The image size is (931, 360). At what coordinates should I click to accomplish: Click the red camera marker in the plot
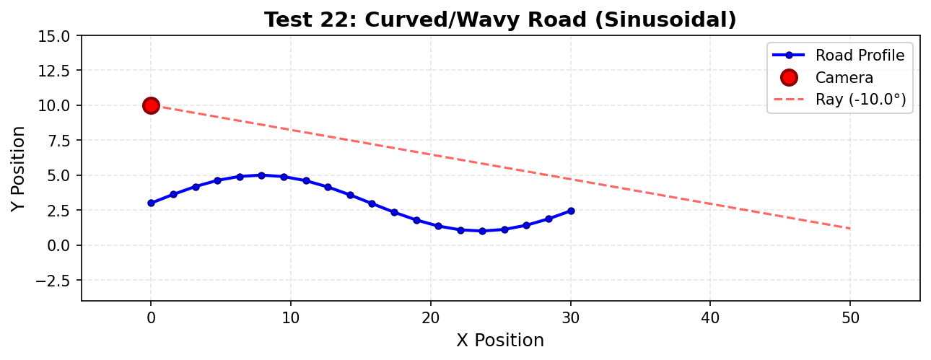[x=151, y=105]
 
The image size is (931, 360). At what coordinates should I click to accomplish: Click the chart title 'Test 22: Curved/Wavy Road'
[x=500, y=19]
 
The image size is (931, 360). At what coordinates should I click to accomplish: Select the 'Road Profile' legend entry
[x=860, y=56]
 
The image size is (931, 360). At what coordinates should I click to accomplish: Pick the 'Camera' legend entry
[x=844, y=78]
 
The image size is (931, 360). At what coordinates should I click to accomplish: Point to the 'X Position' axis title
[x=500, y=341]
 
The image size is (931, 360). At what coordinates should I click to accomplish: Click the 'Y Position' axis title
[x=19, y=168]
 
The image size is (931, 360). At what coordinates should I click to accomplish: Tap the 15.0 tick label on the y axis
[x=54, y=35]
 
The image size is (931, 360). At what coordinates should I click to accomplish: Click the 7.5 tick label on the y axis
[x=57, y=140]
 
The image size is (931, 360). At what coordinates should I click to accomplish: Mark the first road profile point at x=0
[x=151, y=203]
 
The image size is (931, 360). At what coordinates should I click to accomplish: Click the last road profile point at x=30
[x=571, y=211]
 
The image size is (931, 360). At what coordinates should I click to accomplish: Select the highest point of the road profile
[x=261, y=175]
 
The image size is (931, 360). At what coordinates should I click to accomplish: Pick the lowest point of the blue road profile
[x=482, y=231]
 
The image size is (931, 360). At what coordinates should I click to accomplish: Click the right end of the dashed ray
[x=850, y=229]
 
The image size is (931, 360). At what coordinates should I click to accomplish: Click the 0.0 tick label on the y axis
[x=57, y=245]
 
